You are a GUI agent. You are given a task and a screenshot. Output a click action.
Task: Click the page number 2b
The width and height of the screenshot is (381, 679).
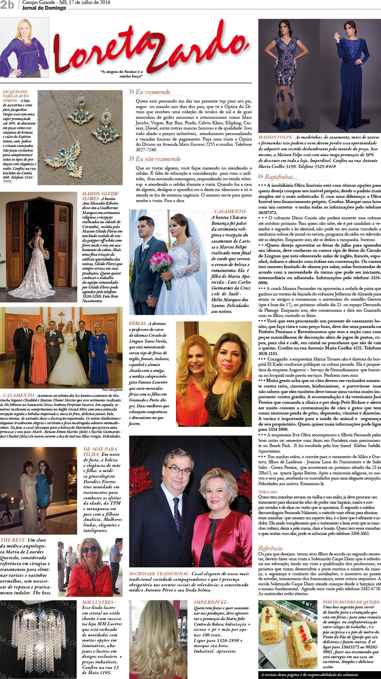tap(7, 5)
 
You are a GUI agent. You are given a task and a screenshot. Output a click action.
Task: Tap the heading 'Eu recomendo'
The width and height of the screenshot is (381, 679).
tap(153, 92)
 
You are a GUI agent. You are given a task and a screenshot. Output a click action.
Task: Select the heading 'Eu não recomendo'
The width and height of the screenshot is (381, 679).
tap(158, 159)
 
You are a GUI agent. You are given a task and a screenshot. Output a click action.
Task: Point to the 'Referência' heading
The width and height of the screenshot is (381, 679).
tap(270, 548)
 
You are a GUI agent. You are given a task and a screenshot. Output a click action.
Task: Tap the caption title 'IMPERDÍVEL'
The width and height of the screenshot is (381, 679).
tap(211, 603)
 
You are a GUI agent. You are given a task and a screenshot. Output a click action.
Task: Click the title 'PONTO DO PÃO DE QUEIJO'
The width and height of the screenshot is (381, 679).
tap(351, 603)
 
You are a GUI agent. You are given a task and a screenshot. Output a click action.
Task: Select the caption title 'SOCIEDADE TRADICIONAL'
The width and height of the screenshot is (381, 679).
tap(159, 574)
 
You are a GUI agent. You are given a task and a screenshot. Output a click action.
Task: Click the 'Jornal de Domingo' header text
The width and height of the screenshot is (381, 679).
tap(44, 8)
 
